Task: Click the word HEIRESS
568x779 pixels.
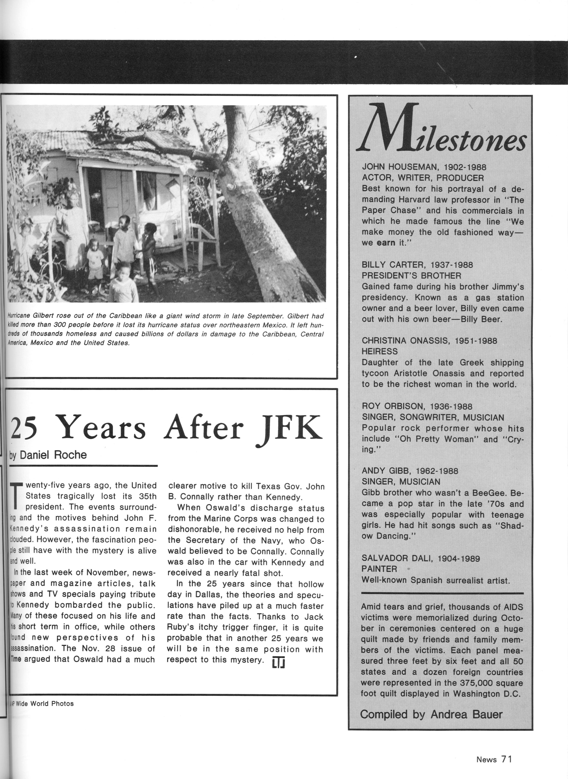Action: coord(380,351)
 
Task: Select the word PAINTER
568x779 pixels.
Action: coord(379,569)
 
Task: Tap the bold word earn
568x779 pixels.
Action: coord(386,243)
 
